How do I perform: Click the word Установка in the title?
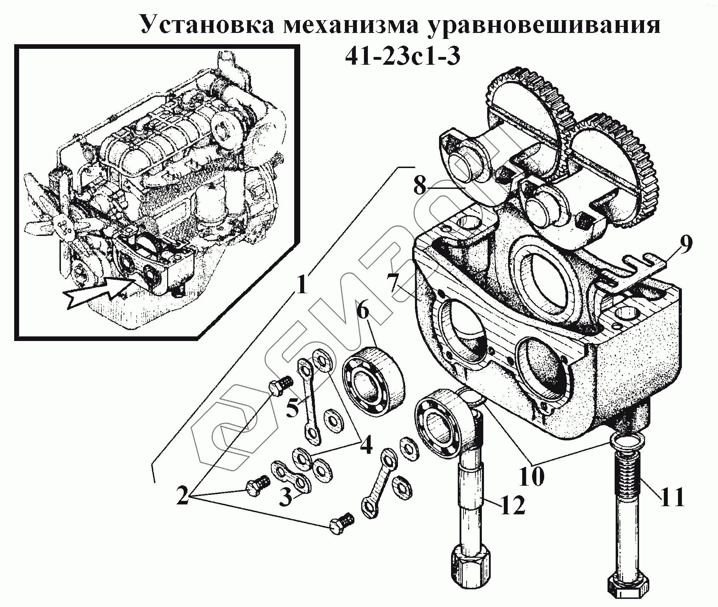pyautogui.click(x=207, y=25)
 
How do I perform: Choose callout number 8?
pyautogui.click(x=420, y=185)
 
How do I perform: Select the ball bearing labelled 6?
pyautogui.click(x=374, y=381)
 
